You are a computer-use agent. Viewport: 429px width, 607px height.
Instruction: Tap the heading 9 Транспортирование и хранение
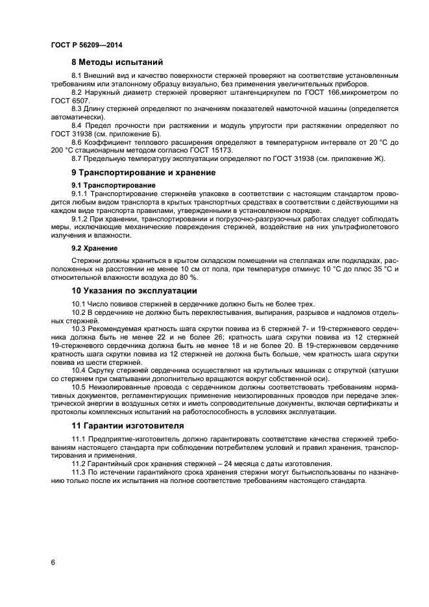click(x=143, y=173)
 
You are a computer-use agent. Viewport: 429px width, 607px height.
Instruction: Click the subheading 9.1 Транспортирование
click(x=108, y=185)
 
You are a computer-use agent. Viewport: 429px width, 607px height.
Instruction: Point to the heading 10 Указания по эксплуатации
click(x=134, y=290)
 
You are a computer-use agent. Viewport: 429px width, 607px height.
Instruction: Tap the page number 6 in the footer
click(x=53, y=562)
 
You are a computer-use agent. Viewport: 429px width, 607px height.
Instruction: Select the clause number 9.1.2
click(x=80, y=219)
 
